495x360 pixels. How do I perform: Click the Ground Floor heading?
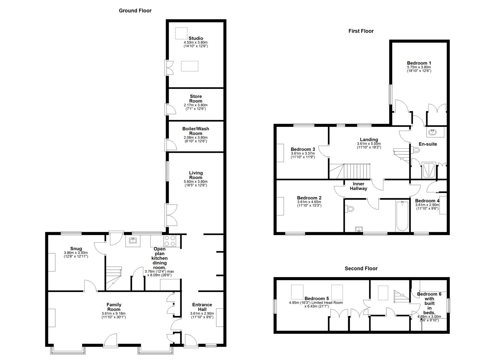pyautogui.click(x=135, y=11)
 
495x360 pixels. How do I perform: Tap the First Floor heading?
pyautogui.click(x=361, y=31)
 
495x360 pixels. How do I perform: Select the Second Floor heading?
pyautogui.click(x=361, y=268)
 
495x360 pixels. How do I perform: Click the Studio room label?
pyautogui.click(x=196, y=38)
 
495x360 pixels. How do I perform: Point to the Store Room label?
pyautogui.click(x=196, y=99)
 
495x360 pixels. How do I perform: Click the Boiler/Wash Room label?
pyautogui.click(x=196, y=131)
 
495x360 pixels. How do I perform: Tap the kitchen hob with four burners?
pyautogui.click(x=170, y=241)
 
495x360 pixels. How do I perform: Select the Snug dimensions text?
pyautogui.click(x=76, y=255)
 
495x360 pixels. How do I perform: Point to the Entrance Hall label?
pyautogui.click(x=202, y=307)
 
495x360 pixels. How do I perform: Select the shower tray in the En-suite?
pyautogui.click(x=429, y=170)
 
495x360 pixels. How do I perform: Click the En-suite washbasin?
pyautogui.click(x=433, y=132)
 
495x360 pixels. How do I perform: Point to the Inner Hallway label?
pyautogui.click(x=358, y=186)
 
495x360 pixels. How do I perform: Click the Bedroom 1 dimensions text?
pyautogui.click(x=419, y=69)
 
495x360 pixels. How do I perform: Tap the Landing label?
pyautogui.click(x=369, y=140)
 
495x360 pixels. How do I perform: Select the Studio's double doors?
pyautogui.click(x=170, y=68)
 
